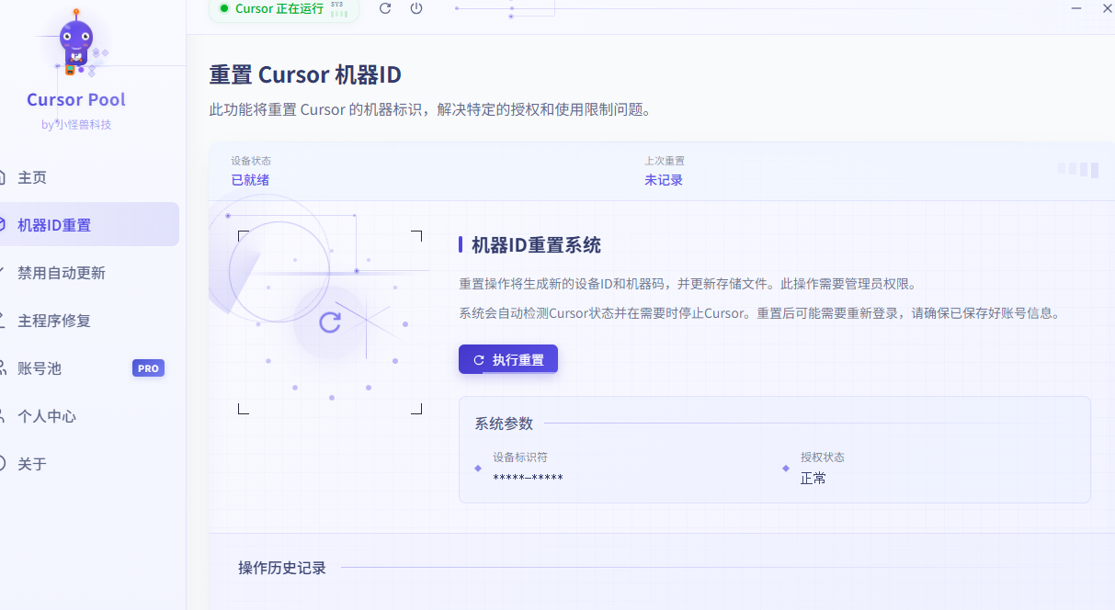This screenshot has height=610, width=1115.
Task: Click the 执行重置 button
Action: coord(508,360)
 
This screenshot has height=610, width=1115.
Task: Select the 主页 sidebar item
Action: coord(33,177)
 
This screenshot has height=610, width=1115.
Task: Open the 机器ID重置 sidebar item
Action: coord(55,225)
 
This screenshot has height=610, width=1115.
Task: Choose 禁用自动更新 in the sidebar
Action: coord(62,273)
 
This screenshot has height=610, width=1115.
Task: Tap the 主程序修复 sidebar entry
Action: coord(54,321)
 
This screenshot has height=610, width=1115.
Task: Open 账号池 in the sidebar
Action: coord(40,368)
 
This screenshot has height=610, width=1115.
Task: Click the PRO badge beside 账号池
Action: coord(148,368)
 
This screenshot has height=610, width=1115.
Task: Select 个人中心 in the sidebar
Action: coord(47,416)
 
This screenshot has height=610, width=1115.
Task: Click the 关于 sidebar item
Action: coord(32,464)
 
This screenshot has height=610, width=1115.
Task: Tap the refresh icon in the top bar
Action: coord(385,8)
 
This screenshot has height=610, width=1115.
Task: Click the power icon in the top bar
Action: coord(416,8)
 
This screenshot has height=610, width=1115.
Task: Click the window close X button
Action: coord(1107,8)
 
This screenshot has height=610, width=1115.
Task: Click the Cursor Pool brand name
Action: coord(76,100)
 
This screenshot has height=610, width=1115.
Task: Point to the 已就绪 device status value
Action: coord(250,180)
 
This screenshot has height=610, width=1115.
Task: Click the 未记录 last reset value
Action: coord(664,180)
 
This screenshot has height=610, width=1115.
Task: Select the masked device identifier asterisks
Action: coord(528,479)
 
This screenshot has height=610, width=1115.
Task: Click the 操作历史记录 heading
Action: coord(282,568)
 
